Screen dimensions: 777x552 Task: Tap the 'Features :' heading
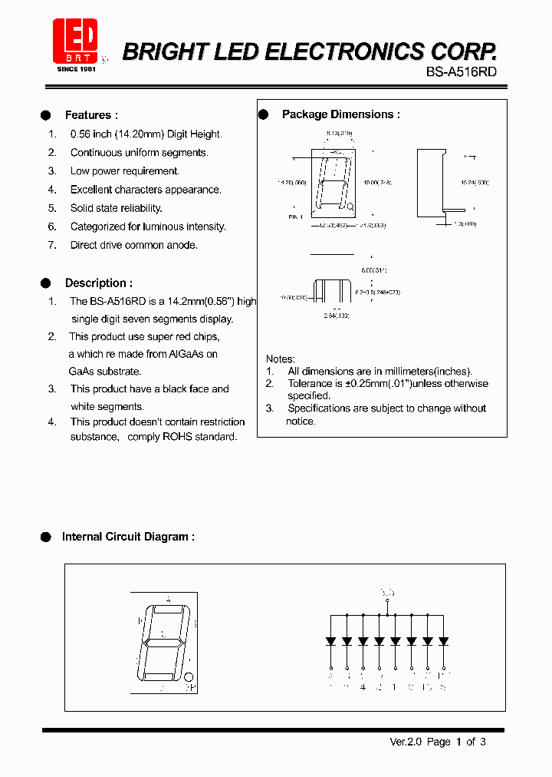point(91,115)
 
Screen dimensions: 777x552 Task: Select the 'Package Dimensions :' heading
point(340,114)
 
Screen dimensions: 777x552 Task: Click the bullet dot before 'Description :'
point(46,283)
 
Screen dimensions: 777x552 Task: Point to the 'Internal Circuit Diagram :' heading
point(128,537)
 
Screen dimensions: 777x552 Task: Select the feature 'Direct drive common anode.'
point(133,245)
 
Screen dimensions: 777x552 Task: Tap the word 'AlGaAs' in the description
point(186,354)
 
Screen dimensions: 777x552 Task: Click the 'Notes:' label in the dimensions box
point(280,359)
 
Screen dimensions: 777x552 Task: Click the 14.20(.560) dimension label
point(291,183)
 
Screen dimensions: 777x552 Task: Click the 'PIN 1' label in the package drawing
point(296,217)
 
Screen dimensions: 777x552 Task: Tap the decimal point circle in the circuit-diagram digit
point(189,676)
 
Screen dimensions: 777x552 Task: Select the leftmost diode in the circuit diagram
point(330,640)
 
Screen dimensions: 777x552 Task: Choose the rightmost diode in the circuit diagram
point(443,640)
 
